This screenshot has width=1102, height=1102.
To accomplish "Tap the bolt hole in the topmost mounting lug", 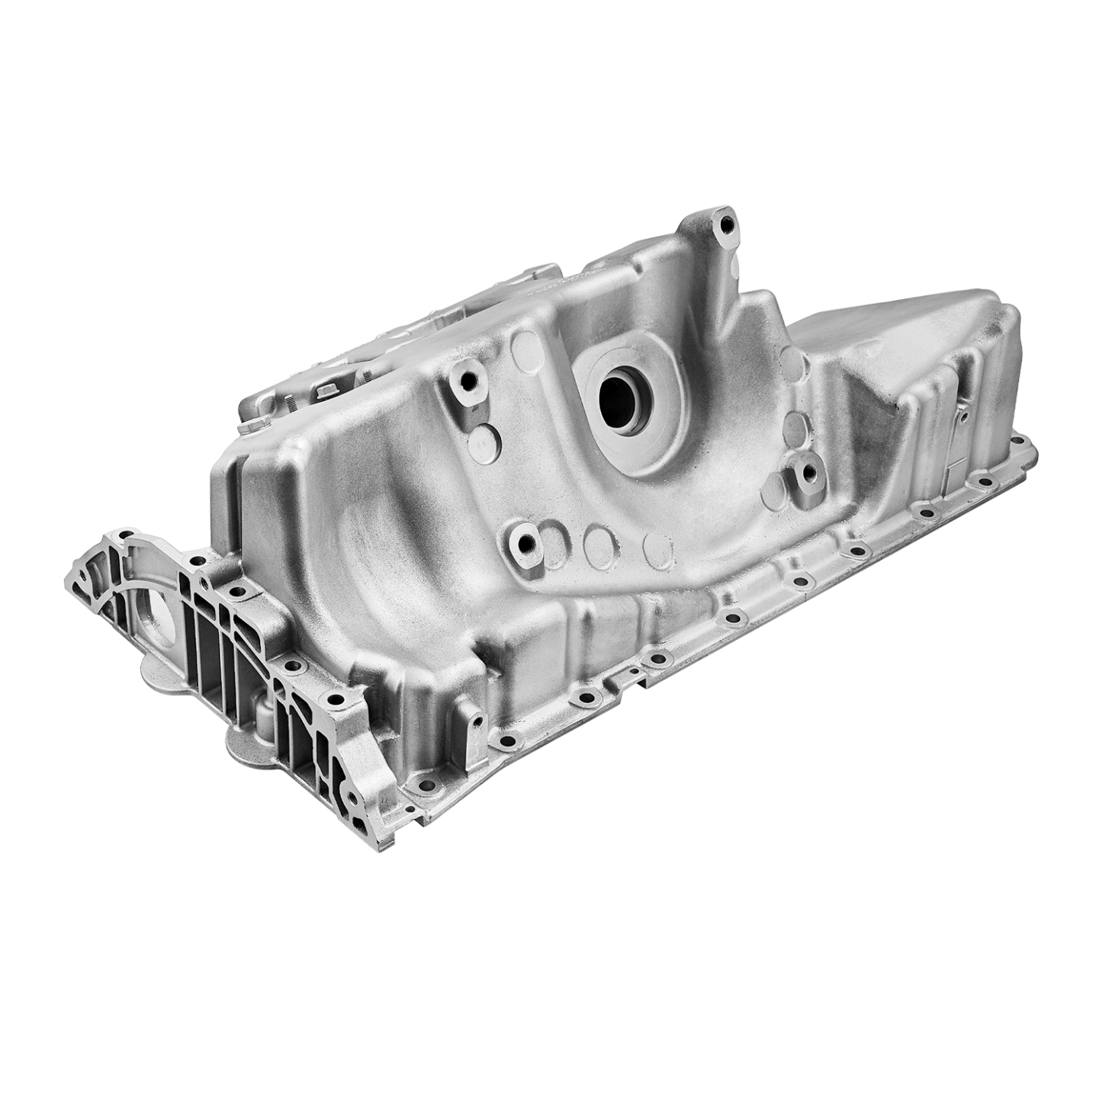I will pos(725,225).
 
